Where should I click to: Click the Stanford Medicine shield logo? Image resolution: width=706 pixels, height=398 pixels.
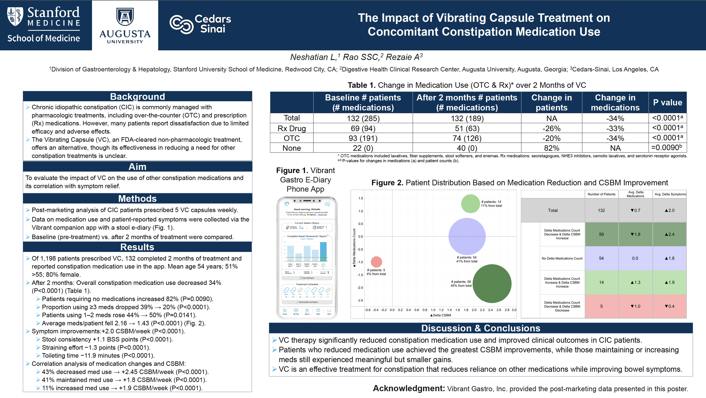[15, 17]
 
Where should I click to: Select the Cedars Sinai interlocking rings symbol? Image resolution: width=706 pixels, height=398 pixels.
[181, 24]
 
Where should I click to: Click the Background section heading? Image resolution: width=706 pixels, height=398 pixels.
[137, 97]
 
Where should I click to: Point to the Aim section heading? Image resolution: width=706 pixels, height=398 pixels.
[137, 167]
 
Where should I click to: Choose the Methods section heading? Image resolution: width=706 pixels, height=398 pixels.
[137, 199]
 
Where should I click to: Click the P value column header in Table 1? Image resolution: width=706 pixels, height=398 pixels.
[667, 102]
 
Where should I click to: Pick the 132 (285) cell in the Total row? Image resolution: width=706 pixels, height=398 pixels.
[363, 118]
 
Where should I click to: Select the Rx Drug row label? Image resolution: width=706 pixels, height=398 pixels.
[291, 129]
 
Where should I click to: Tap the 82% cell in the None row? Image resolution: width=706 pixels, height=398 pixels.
[551, 148]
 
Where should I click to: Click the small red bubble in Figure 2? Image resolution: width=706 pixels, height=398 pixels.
[376, 262]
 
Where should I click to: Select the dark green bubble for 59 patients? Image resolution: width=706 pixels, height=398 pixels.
[492, 283]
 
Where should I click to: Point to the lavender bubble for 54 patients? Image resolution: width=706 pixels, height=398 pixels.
[467, 236]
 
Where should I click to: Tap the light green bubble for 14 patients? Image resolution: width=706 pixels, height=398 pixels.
[470, 204]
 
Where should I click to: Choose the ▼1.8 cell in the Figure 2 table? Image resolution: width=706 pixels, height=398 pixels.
[635, 234]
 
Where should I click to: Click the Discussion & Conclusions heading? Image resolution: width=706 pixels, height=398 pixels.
[481, 328]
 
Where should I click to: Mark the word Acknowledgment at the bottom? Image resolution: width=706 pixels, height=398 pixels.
[409, 388]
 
